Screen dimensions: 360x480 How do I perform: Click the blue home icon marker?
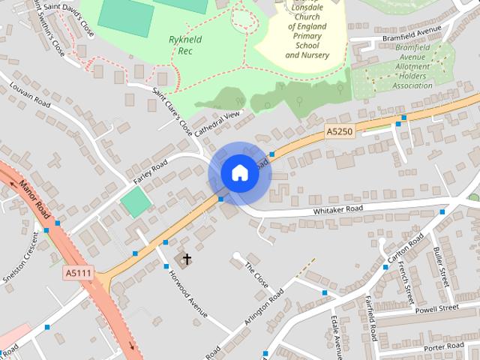[x=238, y=172]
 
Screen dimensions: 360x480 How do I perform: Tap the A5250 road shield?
[x=339, y=131]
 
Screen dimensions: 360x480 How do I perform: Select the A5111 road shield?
[x=78, y=273]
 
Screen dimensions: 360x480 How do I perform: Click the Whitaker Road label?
[x=337, y=209]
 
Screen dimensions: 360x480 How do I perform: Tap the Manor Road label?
[x=34, y=196]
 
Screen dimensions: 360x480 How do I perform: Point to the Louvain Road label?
[x=29, y=98]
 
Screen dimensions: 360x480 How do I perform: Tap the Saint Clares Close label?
[x=172, y=112]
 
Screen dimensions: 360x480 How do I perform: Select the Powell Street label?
[x=436, y=308]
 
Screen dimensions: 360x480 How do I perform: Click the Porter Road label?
[x=444, y=347]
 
